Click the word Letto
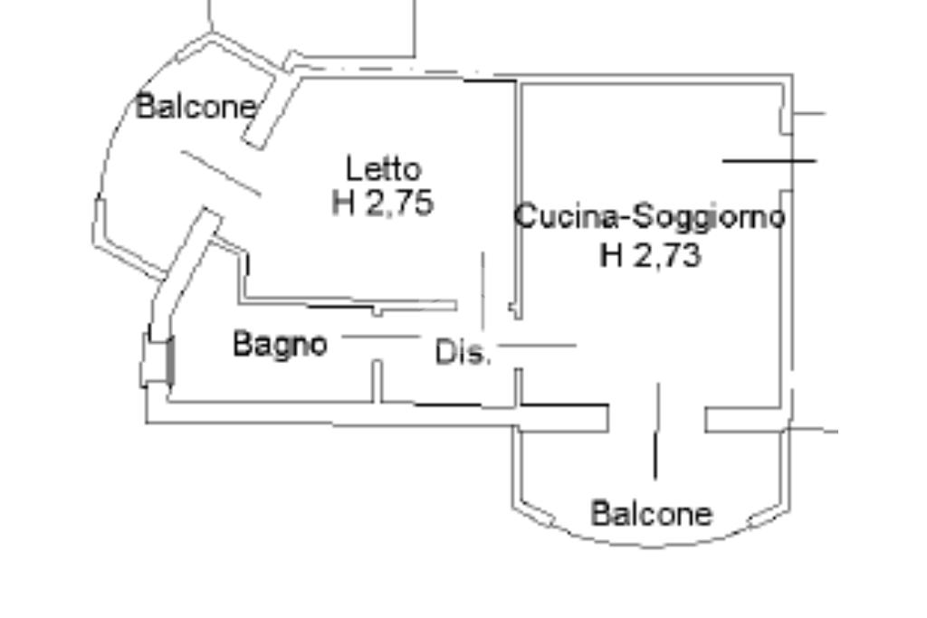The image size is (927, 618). point(384,168)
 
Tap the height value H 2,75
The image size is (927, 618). point(383,203)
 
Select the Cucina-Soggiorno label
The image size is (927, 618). point(649,217)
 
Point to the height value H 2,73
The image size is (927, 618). point(650,256)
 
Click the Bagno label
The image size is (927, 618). point(280,344)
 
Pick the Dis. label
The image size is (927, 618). point(463,352)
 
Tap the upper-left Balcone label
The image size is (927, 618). point(196,107)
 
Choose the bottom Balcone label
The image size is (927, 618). point(651,514)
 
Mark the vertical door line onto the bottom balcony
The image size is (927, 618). point(657,431)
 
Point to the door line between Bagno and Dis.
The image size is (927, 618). point(380,337)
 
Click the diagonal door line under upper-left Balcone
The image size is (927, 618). point(222,173)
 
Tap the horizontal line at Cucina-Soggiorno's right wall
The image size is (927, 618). point(769,161)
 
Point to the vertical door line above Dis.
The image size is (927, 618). point(483,290)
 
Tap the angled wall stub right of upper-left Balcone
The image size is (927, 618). point(269,112)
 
